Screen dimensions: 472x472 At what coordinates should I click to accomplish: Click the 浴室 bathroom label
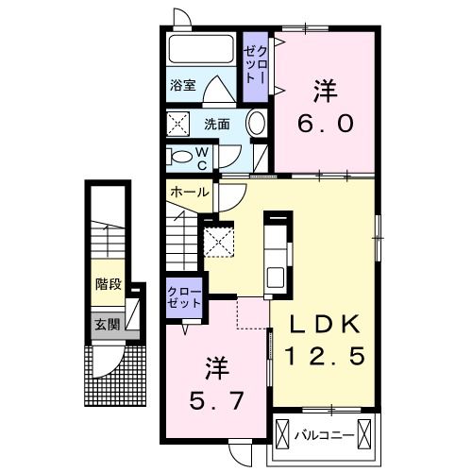pos(183,84)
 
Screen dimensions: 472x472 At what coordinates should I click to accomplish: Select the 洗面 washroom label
pos(216,123)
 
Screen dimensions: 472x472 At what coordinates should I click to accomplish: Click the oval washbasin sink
pos(255,124)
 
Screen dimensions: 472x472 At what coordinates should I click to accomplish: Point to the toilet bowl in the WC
pos(179,157)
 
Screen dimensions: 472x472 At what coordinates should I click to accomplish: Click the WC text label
pos(202,157)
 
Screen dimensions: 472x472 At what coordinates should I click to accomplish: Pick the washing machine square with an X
pos(179,124)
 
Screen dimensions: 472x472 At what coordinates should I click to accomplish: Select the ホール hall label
pos(190,192)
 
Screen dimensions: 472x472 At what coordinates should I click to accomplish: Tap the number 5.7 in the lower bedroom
pos(218,399)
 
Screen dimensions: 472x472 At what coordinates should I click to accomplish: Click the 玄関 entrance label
pos(107,325)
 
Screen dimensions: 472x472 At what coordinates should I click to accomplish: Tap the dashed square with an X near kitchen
pos(219,241)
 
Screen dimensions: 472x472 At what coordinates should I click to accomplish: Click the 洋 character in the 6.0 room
pos(325,90)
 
